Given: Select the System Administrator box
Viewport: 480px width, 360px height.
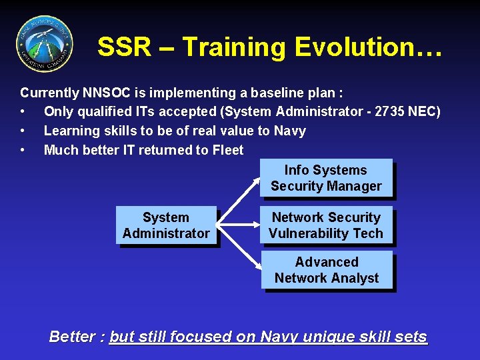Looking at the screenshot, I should [x=166, y=225].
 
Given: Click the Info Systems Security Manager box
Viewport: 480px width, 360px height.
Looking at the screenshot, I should [x=326, y=178].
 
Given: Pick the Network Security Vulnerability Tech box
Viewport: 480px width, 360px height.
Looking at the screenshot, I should [x=326, y=225].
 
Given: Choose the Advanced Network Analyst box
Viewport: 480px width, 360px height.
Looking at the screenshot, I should [x=326, y=270].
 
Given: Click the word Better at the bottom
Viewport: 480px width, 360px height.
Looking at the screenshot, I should [x=73, y=337].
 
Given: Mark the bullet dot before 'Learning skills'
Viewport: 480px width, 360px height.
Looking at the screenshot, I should [x=23, y=131].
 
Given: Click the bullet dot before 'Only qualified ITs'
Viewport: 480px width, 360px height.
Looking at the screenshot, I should [x=23, y=112].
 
